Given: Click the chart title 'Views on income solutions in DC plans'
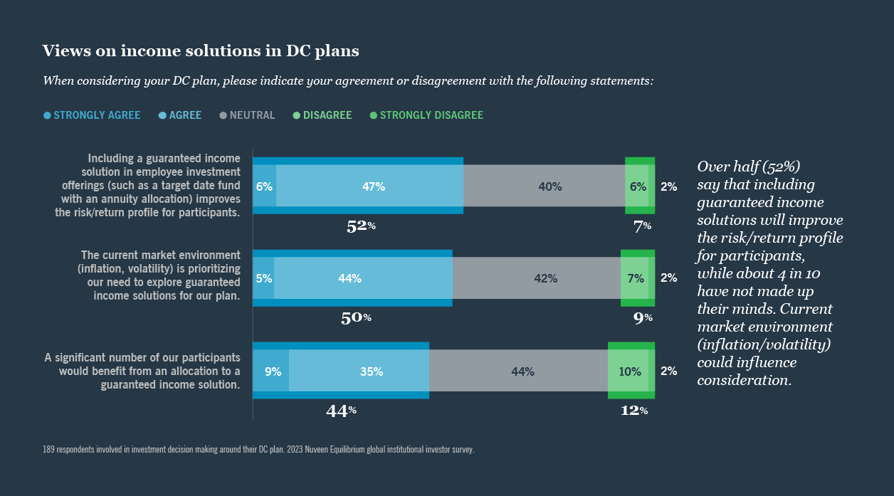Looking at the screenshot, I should tap(201, 51).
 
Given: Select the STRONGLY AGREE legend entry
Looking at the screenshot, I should tap(92, 115).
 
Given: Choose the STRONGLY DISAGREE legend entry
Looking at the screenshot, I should tap(426, 115).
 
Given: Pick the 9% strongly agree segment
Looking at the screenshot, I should tap(271, 371).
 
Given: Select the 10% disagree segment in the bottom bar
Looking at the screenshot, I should tap(629, 371).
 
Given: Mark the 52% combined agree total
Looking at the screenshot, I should tap(360, 226).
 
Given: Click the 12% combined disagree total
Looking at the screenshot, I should tap(633, 411).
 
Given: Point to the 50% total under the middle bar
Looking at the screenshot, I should tap(356, 318).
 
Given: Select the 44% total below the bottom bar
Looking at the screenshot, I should tap(340, 411).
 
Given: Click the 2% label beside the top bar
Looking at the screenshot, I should tap(668, 186).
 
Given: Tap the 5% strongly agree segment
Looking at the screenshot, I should tap(263, 278).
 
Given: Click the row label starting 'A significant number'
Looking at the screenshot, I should tap(142, 371).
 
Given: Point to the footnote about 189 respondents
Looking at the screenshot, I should tap(258, 450).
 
